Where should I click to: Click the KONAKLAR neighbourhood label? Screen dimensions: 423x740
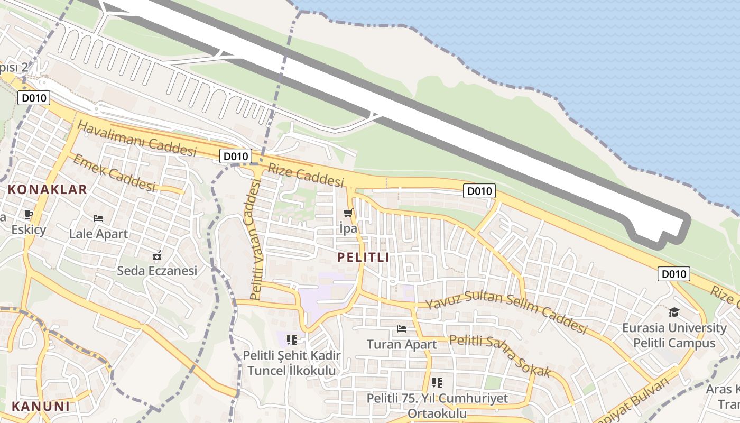pyautogui.click(x=47, y=190)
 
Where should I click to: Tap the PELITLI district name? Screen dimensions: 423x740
pyautogui.click(x=363, y=258)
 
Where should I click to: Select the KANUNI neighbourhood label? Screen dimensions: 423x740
pyautogui.click(x=41, y=407)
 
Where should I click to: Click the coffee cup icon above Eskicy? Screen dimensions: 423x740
pyautogui.click(x=28, y=215)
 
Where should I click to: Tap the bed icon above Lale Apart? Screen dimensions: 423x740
pyautogui.click(x=98, y=218)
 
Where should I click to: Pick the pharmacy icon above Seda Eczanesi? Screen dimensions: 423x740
pyautogui.click(x=156, y=256)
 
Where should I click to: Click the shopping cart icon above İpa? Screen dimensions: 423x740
pyautogui.click(x=348, y=213)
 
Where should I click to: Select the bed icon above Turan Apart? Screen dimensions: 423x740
pyautogui.click(x=402, y=329)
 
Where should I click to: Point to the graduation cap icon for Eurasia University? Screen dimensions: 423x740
pyautogui.click(x=674, y=312)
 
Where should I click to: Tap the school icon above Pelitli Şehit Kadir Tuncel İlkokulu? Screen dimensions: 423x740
pyautogui.click(x=291, y=339)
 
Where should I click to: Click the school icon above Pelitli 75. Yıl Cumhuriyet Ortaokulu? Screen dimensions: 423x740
pyautogui.click(x=437, y=382)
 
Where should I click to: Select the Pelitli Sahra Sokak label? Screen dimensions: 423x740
pyautogui.click(x=500, y=356)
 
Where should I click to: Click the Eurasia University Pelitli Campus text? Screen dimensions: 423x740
pyautogui.click(x=674, y=335)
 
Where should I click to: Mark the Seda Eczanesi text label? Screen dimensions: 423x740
pyautogui.click(x=156, y=271)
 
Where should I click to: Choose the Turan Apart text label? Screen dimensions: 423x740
pyautogui.click(x=402, y=345)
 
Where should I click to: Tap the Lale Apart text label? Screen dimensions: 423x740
pyautogui.click(x=98, y=233)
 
